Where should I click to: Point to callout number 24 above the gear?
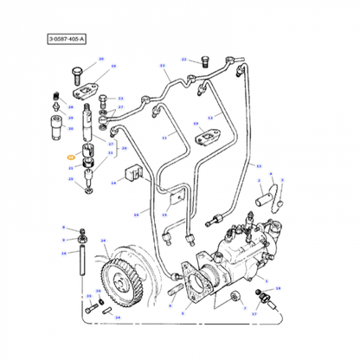104,241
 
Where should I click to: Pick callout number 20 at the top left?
100,59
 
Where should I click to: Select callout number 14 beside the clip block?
112,183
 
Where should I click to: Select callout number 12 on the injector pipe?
209,118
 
